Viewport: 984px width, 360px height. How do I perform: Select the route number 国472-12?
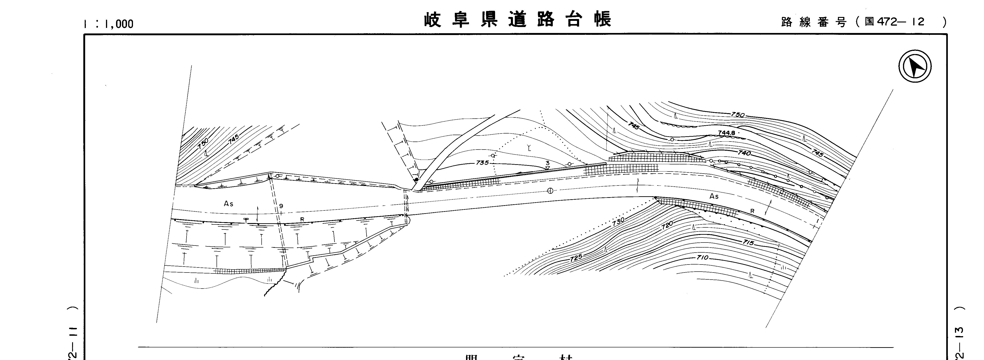tap(894, 22)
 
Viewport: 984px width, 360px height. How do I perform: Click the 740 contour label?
tap(744, 153)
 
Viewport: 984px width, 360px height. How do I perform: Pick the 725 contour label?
tap(576, 258)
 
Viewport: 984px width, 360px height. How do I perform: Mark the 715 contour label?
tap(748, 242)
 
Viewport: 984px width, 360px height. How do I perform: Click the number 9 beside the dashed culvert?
tap(281, 206)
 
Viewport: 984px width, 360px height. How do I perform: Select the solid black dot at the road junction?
tap(416, 179)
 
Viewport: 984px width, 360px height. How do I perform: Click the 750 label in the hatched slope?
tap(203, 144)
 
